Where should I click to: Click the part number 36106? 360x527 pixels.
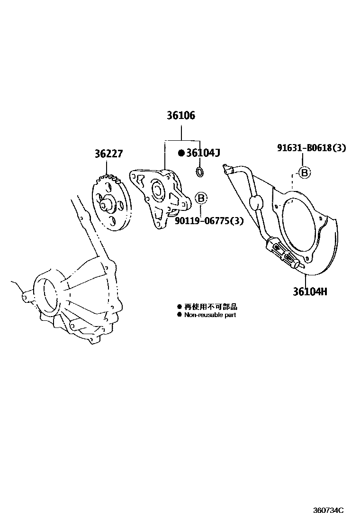180,116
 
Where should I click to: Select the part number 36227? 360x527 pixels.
108,154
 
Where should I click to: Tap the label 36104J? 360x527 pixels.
203,153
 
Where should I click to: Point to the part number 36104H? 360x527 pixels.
309,291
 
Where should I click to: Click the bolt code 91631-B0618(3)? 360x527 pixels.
311,148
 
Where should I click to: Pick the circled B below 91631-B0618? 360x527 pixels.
305,173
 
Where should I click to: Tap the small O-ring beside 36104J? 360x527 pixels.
200,172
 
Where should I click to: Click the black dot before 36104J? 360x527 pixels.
181,153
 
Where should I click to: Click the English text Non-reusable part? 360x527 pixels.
210,315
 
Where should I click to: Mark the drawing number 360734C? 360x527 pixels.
328,510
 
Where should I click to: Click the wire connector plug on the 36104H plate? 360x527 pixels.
281,251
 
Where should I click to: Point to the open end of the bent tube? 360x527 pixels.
225,166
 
